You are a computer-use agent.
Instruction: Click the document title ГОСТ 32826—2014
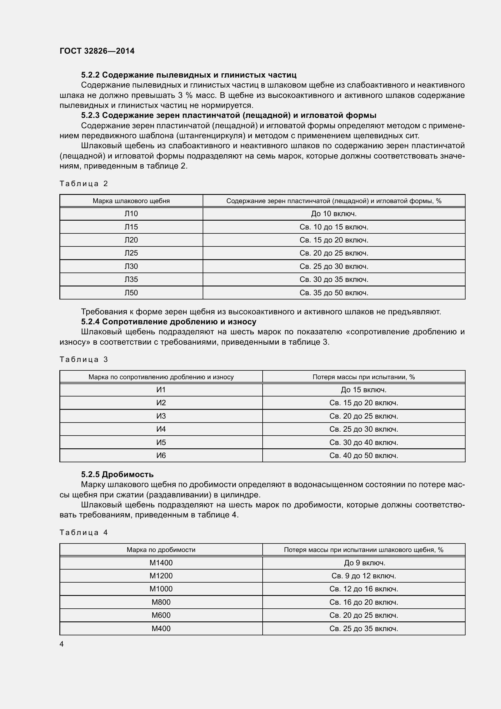pyautogui.click(x=97, y=51)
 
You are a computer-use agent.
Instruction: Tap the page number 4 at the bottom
pyautogui.click(x=62, y=644)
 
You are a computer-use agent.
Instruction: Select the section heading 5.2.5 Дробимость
pyautogui.click(x=117, y=474)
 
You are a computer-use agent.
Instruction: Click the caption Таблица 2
pyautogui.click(x=84, y=184)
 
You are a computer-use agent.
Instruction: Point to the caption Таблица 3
pyautogui.click(x=84, y=360)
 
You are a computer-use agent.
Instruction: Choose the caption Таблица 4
pyautogui.click(x=84, y=532)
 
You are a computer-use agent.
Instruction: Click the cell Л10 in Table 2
pyautogui.click(x=131, y=214)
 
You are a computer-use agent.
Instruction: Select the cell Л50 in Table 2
pyautogui.click(x=131, y=293)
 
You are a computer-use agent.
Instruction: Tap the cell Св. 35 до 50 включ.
pyautogui.click(x=334, y=293)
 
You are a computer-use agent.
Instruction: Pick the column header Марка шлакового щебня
pyautogui.click(x=131, y=201)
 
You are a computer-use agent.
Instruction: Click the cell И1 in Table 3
pyautogui.click(x=161, y=390)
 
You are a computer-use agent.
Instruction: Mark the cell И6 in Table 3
pyautogui.click(x=161, y=456)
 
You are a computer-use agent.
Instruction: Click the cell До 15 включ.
pyautogui.click(x=363, y=390)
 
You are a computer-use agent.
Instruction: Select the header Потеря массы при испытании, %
pyautogui.click(x=363, y=377)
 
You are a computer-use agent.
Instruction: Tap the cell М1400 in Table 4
pyautogui.click(x=161, y=563)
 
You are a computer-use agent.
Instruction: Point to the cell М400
pyautogui.click(x=161, y=628)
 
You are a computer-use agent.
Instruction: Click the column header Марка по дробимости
pyautogui.click(x=161, y=550)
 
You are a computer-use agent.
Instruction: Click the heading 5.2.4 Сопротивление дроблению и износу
pyautogui.click(x=169, y=322)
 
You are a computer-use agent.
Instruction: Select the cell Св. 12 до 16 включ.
pyautogui.click(x=363, y=589)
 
